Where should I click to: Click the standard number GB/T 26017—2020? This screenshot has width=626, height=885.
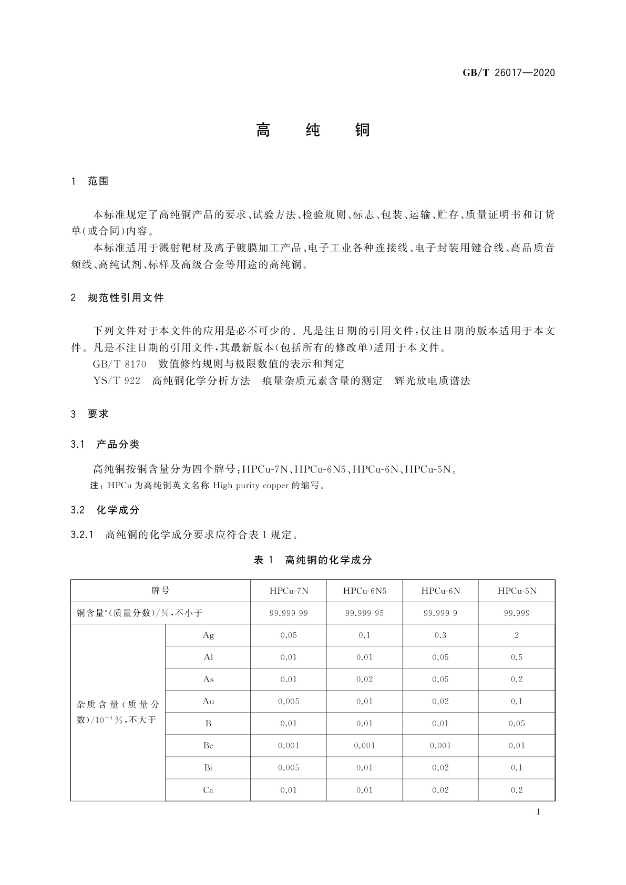[508, 73]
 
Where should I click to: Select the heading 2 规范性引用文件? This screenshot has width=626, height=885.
[117, 298]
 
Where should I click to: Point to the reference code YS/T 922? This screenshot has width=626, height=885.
[117, 381]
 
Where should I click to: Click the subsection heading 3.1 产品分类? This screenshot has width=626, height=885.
[105, 445]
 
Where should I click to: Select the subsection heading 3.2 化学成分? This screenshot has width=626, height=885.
[105, 510]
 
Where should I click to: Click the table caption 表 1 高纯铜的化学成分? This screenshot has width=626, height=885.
[313, 560]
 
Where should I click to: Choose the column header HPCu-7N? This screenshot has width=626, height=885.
[289, 591]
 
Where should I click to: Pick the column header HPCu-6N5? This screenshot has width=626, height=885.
[364, 591]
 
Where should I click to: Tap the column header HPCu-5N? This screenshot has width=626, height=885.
[517, 591]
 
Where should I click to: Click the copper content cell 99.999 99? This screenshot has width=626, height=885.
[289, 613]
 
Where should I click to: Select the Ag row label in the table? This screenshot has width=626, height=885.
[208, 635]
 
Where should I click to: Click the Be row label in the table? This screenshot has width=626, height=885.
[208, 745]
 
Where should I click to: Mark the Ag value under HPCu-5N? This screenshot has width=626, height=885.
[517, 635]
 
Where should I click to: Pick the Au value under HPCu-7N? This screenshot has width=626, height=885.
[289, 701]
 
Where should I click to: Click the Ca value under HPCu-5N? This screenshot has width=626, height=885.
[517, 790]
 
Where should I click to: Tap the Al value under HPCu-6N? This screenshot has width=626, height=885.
[440, 657]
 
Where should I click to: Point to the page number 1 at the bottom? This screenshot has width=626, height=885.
[538, 812]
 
